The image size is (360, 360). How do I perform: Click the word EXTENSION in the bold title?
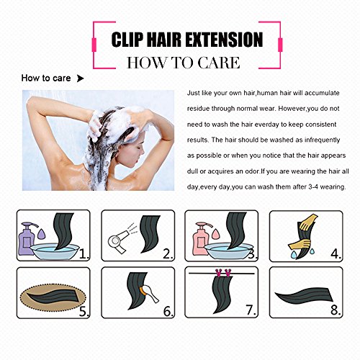(x=224, y=40)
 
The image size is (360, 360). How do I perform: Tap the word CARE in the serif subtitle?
(x=218, y=63)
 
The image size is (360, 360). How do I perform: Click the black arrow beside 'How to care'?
(x=80, y=78)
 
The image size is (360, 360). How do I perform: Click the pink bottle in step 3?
(x=201, y=238)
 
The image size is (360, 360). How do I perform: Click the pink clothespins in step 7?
(x=223, y=273)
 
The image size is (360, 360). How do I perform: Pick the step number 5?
(x=84, y=311)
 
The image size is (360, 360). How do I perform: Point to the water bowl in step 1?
(x=55, y=251)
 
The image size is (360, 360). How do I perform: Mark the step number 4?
(x=336, y=253)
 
